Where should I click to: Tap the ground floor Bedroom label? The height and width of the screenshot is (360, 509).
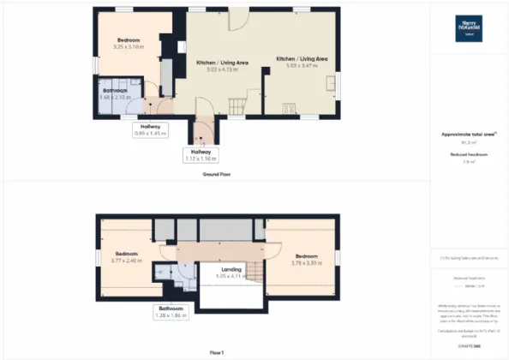click(x=130, y=39)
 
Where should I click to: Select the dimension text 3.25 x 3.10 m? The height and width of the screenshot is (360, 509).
click(x=130, y=46)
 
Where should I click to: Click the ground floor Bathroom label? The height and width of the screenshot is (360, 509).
click(x=116, y=90)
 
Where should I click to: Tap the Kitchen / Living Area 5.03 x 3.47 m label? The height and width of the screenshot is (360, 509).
click(x=301, y=62)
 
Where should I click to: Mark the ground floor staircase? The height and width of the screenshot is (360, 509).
click(x=236, y=104)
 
